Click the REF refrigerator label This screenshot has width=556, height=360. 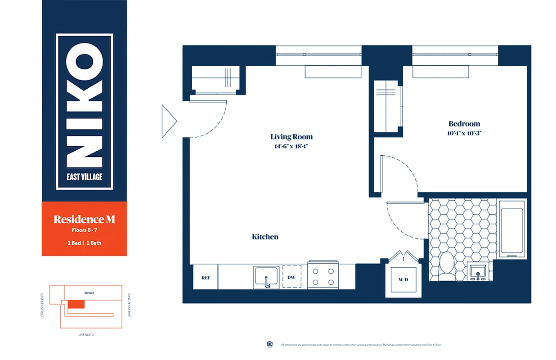pos(206,278)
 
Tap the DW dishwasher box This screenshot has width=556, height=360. pos(291,277)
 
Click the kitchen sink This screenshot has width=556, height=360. pos(266,277)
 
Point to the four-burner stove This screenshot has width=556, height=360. pos(323,276)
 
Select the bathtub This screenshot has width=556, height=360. pos(512,228)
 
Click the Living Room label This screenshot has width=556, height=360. pos(291,137)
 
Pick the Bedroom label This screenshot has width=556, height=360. pos(464,124)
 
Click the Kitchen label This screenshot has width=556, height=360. pos(265,237)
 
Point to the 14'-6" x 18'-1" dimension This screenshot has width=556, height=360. pos(291,146)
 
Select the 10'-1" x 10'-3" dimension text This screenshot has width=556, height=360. pos(464,133)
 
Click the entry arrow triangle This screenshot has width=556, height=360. pos(168,121)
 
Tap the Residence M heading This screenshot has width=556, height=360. pos(84,220)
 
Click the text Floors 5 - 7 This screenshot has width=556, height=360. pos(84,230)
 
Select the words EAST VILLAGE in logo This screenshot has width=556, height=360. pos(84,177)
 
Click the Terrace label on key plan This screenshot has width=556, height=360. pos(89,292)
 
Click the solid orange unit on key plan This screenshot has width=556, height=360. pos(76,304)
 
